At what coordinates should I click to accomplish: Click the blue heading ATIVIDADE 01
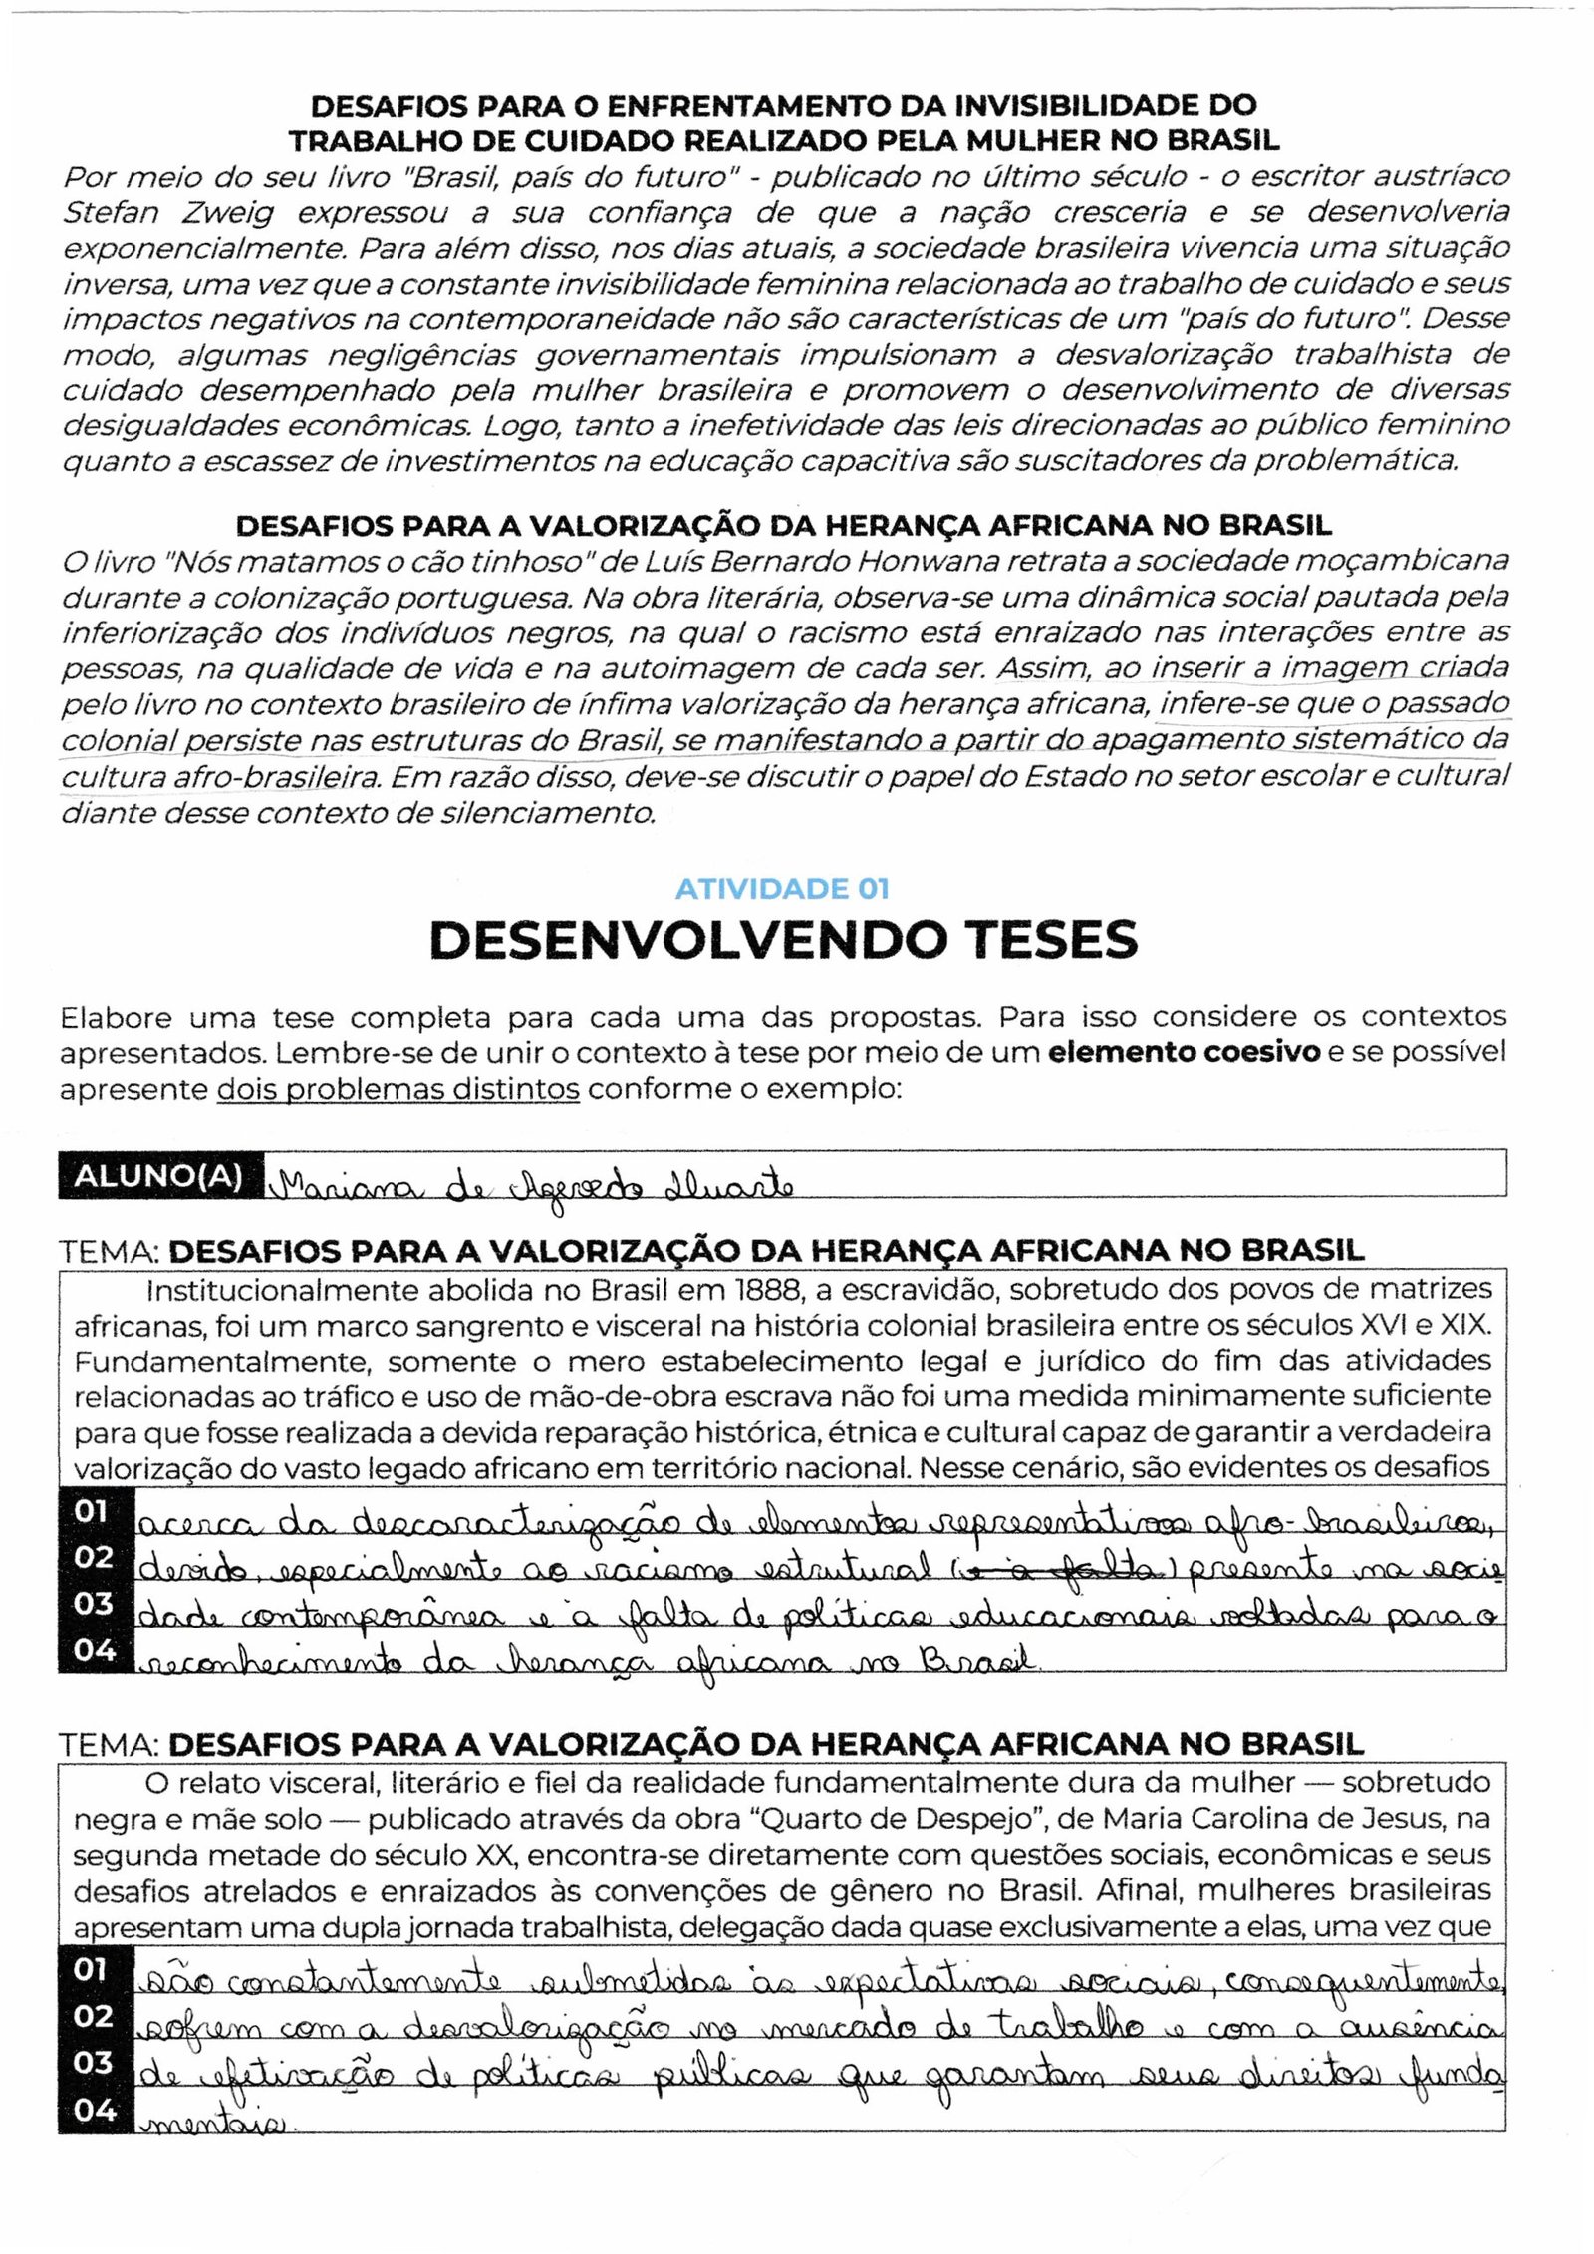tap(782, 888)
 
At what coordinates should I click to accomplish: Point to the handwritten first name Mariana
tap(333, 1186)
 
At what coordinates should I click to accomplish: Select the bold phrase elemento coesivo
tap(1185, 1052)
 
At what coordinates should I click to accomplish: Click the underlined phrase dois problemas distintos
tap(398, 1088)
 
